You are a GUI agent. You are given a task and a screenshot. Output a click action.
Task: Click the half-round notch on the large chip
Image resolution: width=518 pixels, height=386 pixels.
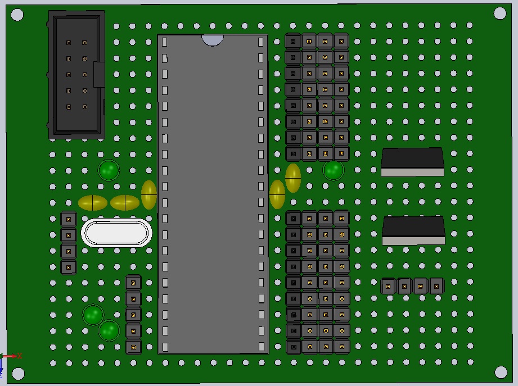pyautogui.click(x=213, y=39)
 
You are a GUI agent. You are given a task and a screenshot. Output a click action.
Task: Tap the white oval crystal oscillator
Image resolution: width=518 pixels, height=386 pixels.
pyautogui.click(x=116, y=233)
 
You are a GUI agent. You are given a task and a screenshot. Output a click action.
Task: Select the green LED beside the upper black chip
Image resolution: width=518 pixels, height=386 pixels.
pyautogui.click(x=333, y=170)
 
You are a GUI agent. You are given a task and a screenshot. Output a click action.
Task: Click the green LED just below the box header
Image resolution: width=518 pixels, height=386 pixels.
pyautogui.click(x=109, y=170)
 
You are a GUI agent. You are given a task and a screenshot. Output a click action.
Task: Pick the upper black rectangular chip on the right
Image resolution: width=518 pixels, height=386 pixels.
pyautogui.click(x=412, y=161)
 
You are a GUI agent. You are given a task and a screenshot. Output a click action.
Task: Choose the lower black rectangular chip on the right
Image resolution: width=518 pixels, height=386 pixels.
pyautogui.click(x=413, y=230)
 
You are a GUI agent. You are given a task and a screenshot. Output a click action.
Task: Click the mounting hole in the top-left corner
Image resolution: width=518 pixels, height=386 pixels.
pyautogui.click(x=17, y=15)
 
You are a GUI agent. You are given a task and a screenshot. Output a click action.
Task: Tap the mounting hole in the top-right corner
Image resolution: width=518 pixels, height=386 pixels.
pyautogui.click(x=500, y=13)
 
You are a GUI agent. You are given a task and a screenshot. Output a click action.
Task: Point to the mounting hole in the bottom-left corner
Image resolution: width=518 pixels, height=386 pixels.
pyautogui.click(x=19, y=373)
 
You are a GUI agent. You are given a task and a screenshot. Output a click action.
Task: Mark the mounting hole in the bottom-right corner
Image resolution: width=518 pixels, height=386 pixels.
pyautogui.click(x=501, y=371)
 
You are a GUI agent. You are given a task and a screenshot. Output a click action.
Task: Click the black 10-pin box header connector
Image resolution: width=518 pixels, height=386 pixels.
pyautogui.click(x=76, y=75)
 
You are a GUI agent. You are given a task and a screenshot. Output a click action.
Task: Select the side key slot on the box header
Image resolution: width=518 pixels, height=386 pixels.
pyautogui.click(x=100, y=75)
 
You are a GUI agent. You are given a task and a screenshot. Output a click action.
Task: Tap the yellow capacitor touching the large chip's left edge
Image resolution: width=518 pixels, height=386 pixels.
pyautogui.click(x=148, y=194)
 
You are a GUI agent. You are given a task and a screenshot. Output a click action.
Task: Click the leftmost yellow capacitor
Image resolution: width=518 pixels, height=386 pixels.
pyautogui.click(x=93, y=203)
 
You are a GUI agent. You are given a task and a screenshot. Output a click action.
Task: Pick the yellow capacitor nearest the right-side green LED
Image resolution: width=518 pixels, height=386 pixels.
pyautogui.click(x=293, y=178)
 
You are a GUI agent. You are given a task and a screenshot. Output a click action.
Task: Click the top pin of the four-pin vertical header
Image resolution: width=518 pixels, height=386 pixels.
pyautogui.click(x=69, y=219)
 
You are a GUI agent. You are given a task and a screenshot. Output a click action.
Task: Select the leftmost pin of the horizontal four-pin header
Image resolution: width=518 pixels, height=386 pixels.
pyautogui.click(x=388, y=286)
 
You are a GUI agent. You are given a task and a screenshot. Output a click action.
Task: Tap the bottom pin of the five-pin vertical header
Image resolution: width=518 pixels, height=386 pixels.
pyautogui.click(x=133, y=347)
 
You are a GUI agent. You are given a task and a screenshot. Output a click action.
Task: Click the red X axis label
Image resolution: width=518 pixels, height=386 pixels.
pyautogui.click(x=19, y=356)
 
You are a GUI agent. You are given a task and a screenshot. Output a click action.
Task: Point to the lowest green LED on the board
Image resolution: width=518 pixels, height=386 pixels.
pyautogui.click(x=109, y=331)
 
